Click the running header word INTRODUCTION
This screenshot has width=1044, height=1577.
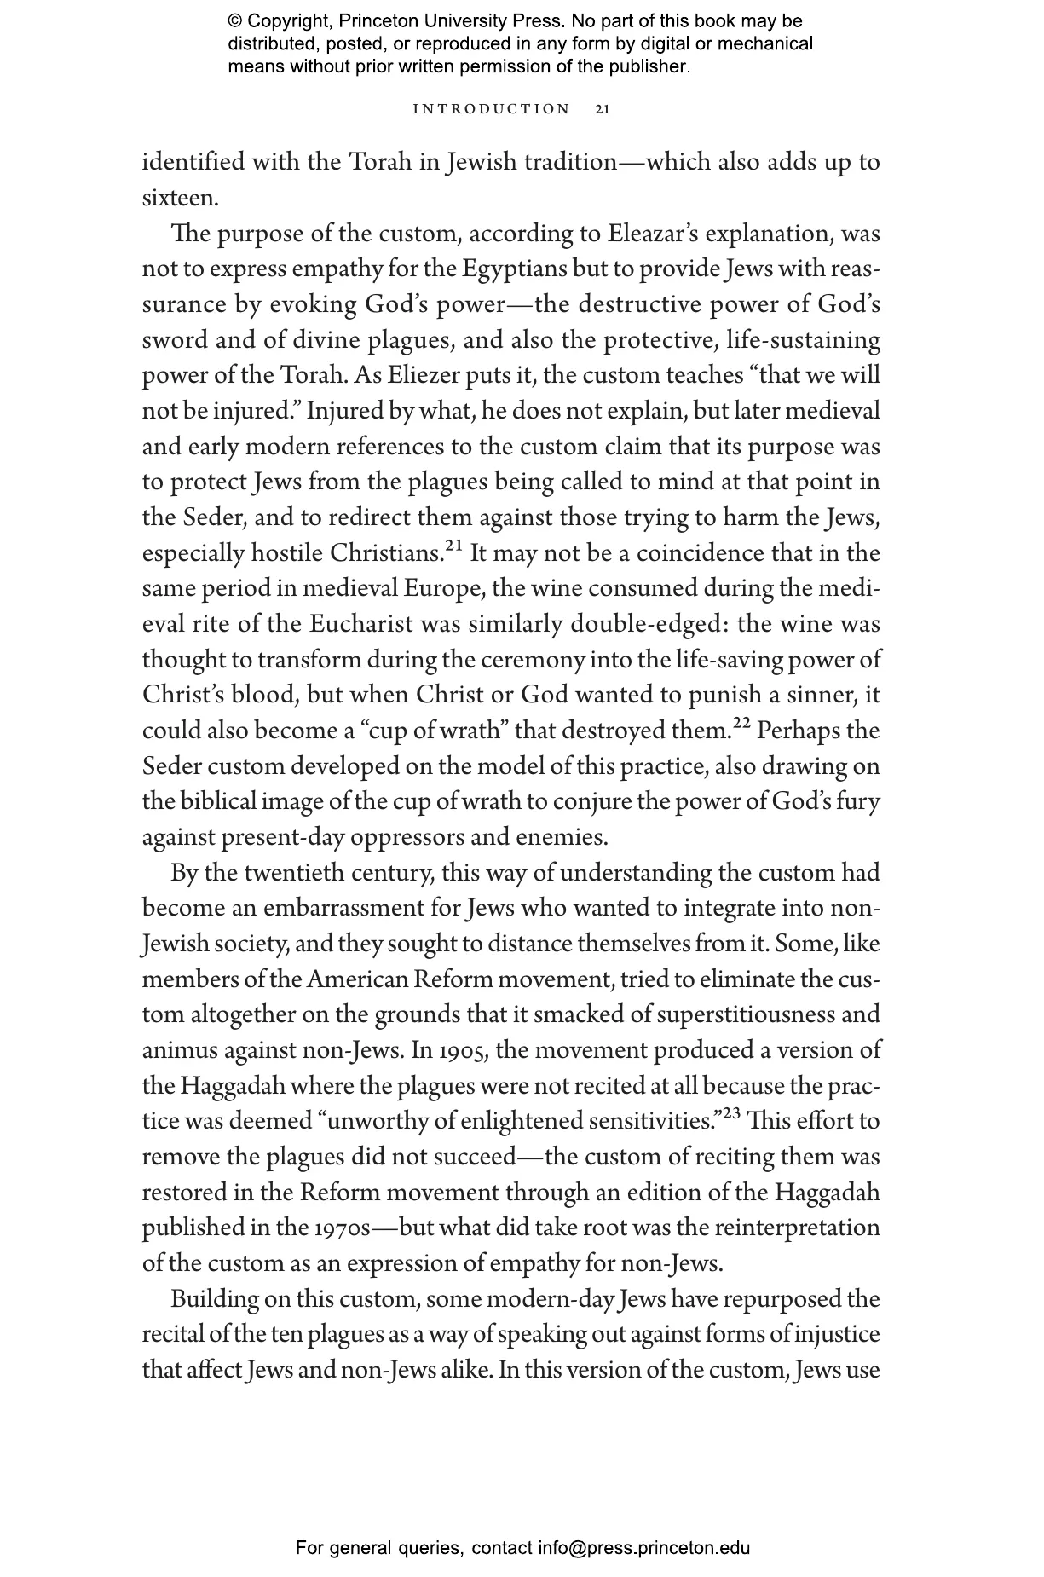[x=491, y=109]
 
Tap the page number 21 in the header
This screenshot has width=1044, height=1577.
[x=602, y=109]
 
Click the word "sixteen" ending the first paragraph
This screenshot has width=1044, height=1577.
[x=179, y=198]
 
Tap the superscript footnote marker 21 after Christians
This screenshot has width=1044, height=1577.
[x=453, y=546]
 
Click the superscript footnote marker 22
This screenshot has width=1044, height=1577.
[x=742, y=723]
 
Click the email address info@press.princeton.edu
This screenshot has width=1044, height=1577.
[x=643, y=1548]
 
